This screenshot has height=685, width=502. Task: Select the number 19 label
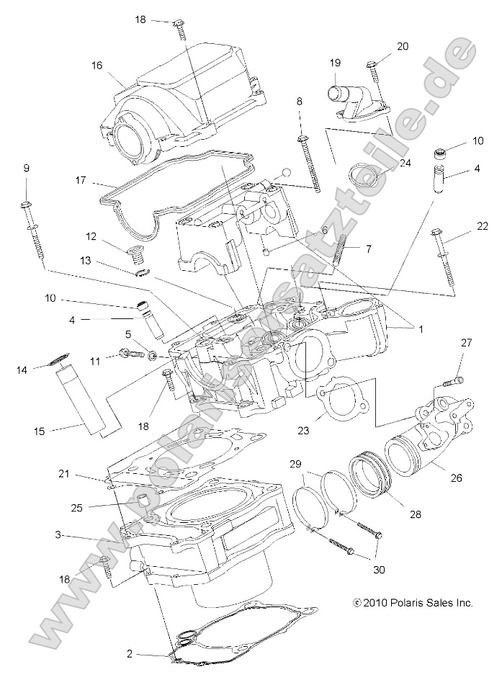pyautogui.click(x=335, y=63)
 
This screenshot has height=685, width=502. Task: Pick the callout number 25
pyautogui.click(x=96, y=507)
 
